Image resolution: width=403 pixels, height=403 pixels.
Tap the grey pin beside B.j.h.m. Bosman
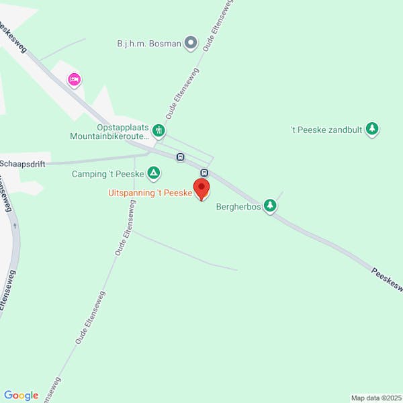pyautogui.click(x=191, y=44)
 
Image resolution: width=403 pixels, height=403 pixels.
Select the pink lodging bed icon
pyautogui.click(x=75, y=81)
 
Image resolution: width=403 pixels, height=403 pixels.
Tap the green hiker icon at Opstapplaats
pyautogui.click(x=159, y=130)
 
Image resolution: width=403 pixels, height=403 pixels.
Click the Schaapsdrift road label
pyautogui.click(x=23, y=163)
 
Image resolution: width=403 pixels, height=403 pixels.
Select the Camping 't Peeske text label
pyautogui.click(x=107, y=175)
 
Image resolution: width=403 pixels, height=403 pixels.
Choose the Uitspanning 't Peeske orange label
pyautogui.click(x=150, y=193)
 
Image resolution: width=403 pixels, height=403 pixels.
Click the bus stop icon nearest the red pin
pyautogui.click(x=204, y=173)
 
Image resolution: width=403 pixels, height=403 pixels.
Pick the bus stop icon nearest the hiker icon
pyautogui.click(x=180, y=157)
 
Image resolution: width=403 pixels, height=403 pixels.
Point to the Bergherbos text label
pyautogui.click(x=238, y=207)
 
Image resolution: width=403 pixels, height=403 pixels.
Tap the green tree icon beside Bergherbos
pyautogui.click(x=270, y=206)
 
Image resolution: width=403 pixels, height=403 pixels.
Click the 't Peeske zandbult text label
pyautogui.click(x=326, y=129)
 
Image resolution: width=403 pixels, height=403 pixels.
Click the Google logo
pyautogui.click(x=21, y=396)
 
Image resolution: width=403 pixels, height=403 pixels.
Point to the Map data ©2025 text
pyautogui.click(x=375, y=398)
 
